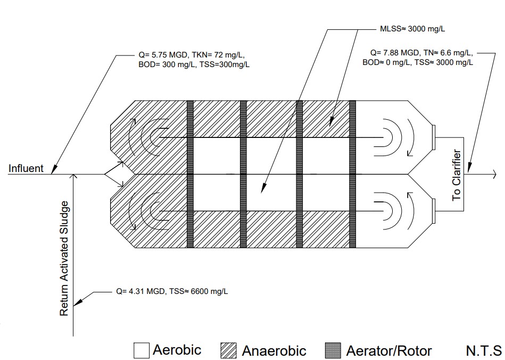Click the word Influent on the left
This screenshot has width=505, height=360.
(x=26, y=169)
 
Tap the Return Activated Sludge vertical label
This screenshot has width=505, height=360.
(x=64, y=258)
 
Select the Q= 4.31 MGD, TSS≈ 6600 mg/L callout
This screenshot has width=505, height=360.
(x=173, y=291)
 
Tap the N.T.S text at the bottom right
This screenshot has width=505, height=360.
(x=483, y=350)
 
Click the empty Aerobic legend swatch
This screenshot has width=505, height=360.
(x=141, y=350)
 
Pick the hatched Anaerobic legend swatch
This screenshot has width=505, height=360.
(x=228, y=350)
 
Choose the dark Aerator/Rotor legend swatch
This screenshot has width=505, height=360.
(x=332, y=350)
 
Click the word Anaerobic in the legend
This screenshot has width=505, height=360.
(x=274, y=351)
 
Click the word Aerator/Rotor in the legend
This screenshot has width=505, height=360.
(x=388, y=351)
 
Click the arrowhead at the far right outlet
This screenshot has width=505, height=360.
(x=494, y=174)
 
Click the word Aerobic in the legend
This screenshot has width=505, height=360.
(x=177, y=350)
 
